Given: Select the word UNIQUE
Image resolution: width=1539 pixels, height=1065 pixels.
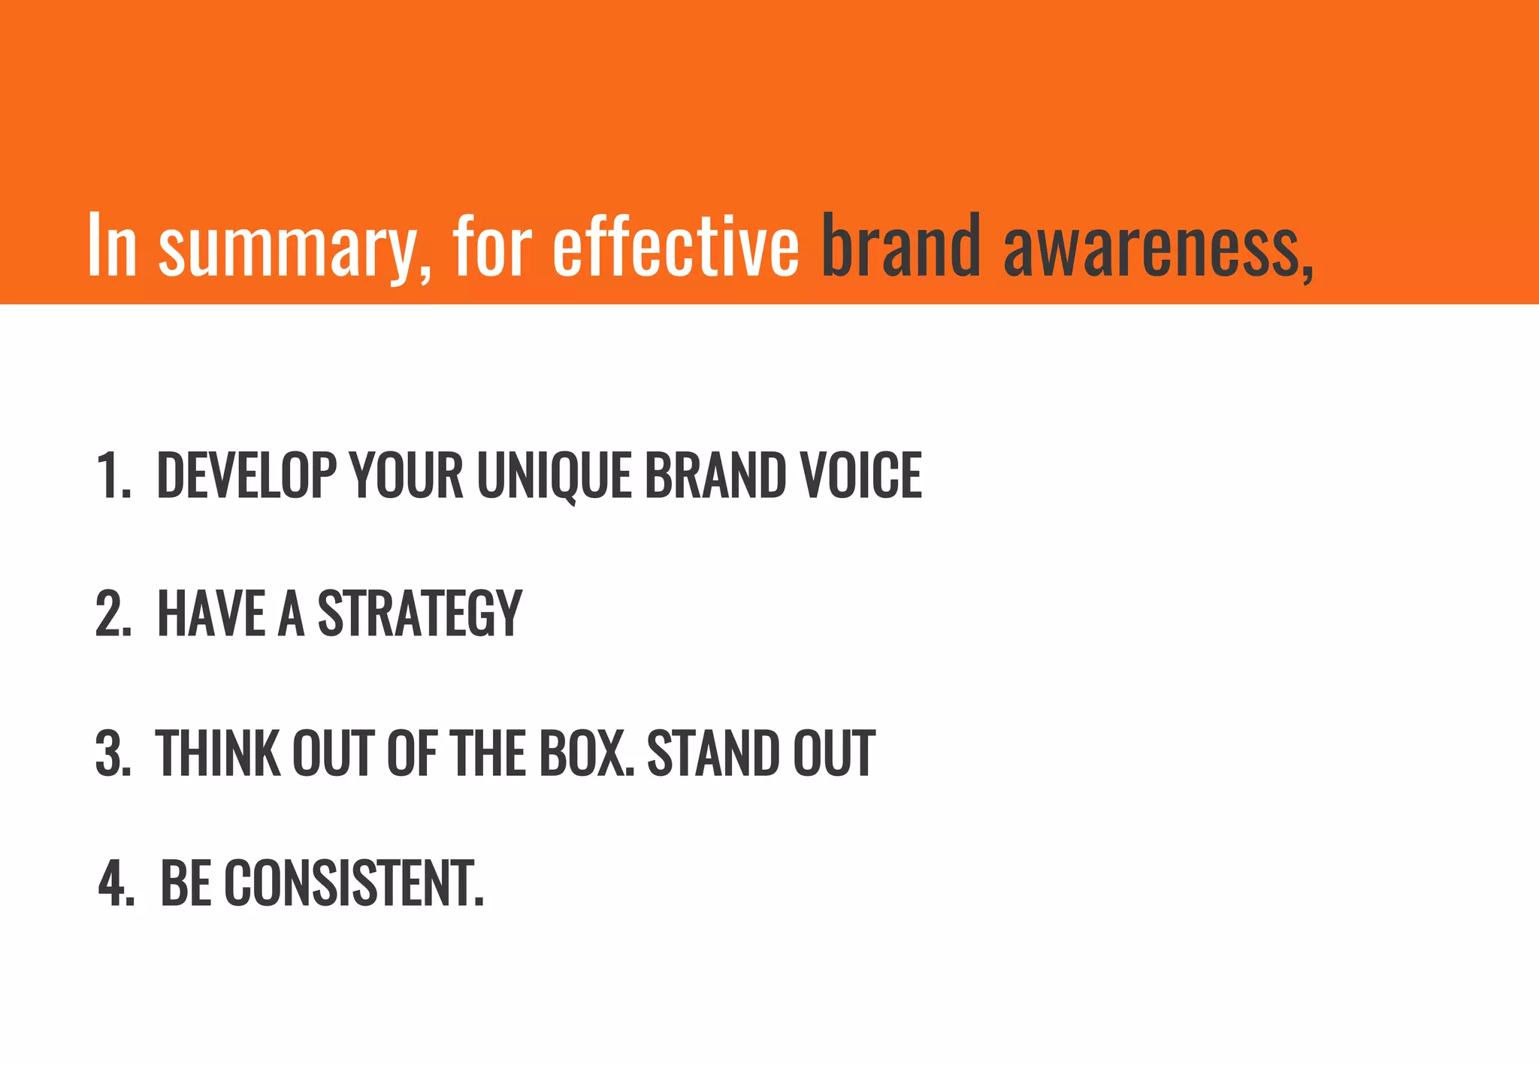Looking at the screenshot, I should point(554,475).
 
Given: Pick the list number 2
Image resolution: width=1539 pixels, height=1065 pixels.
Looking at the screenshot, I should point(113,614).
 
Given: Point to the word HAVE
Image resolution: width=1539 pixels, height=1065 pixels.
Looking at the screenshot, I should point(211,614).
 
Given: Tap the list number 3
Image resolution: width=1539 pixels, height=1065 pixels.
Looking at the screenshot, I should point(113,753).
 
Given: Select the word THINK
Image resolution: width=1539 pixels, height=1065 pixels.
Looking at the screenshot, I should point(217,753).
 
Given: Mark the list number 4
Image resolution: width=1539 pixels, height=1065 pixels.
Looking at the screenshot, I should point(116,883).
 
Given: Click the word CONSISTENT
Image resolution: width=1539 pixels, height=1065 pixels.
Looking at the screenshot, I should point(352,883).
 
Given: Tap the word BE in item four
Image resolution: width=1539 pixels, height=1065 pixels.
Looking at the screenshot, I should point(185,883).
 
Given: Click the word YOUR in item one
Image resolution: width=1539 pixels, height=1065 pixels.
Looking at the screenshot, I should point(407,475).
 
